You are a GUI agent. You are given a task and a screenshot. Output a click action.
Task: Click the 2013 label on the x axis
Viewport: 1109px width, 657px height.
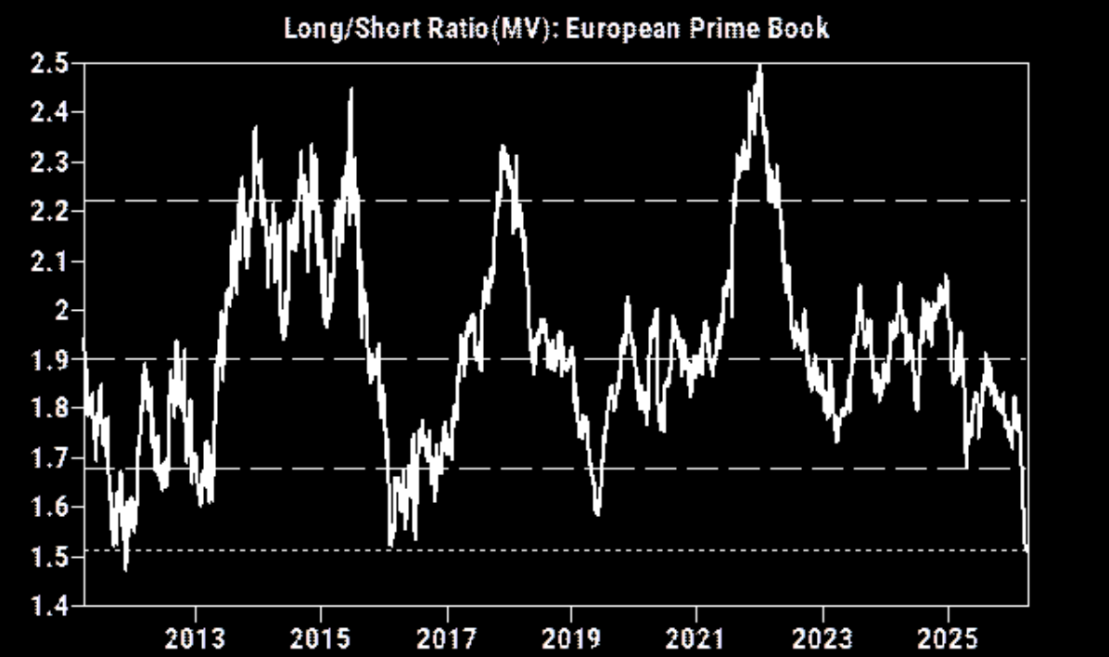pyautogui.click(x=196, y=639)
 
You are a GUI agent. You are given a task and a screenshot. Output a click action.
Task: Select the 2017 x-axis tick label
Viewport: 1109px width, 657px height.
pyautogui.click(x=447, y=639)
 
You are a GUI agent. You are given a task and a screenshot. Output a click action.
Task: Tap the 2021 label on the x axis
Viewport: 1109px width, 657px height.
pyautogui.click(x=696, y=639)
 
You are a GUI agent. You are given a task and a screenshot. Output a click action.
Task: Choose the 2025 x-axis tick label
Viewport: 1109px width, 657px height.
pyautogui.click(x=948, y=639)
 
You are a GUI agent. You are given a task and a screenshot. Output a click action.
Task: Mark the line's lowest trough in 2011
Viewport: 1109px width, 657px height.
pyautogui.click(x=125, y=569)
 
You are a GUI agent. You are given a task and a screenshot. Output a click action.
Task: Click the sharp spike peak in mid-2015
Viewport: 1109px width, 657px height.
pyautogui.click(x=351, y=90)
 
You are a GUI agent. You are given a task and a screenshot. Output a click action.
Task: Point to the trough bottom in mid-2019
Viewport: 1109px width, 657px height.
pyautogui.click(x=597, y=514)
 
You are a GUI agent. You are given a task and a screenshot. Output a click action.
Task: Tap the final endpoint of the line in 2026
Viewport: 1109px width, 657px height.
pyautogui.click(x=1026, y=550)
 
